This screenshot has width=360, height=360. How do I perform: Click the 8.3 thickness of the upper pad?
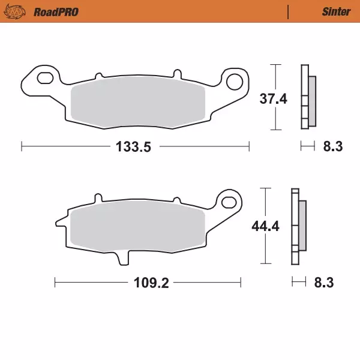(x=332, y=146)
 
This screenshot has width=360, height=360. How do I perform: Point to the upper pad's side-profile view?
(x=307, y=96)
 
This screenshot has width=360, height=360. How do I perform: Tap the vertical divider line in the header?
(x=289, y=11)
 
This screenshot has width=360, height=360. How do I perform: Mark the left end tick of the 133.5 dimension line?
(x=22, y=146)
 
